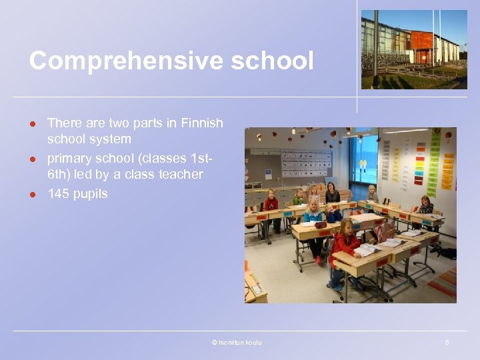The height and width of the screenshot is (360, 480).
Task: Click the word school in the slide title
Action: coord(273,61)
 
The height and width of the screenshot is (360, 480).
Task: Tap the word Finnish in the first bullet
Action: coord(201,123)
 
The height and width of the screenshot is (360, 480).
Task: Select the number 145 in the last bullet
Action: coord(59,194)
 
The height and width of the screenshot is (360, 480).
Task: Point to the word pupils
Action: coord(91,195)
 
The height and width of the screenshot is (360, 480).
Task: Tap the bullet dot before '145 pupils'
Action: coord(31,195)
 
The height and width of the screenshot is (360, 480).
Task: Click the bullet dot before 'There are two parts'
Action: coord(31,123)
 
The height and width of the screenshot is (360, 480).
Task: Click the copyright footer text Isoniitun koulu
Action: coord(237,343)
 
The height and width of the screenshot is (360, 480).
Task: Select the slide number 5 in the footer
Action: coord(447,343)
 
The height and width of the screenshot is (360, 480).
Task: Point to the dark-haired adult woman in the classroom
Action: coord(331,193)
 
